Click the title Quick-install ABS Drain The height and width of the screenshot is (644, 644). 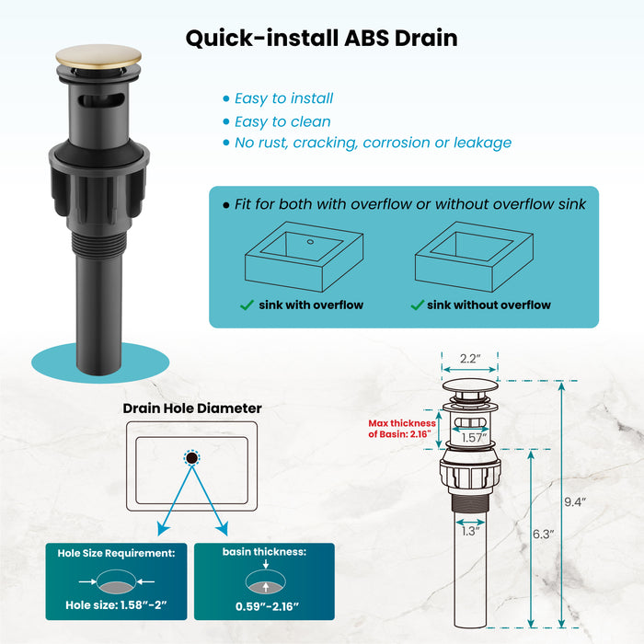point(321,39)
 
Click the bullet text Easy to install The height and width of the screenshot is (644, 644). point(283,98)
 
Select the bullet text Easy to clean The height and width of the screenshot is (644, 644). point(282,121)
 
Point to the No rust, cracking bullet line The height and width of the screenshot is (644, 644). point(373,143)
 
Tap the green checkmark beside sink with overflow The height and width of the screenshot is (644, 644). point(247,305)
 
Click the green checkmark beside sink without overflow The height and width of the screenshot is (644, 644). point(417,305)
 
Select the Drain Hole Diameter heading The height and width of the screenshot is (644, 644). point(192,408)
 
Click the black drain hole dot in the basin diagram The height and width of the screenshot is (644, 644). point(191,457)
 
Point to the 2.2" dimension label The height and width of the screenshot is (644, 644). point(470,359)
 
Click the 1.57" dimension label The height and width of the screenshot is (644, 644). point(474,439)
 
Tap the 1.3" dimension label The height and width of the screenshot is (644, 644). point(471,531)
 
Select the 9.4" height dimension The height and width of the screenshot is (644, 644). point(576,502)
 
